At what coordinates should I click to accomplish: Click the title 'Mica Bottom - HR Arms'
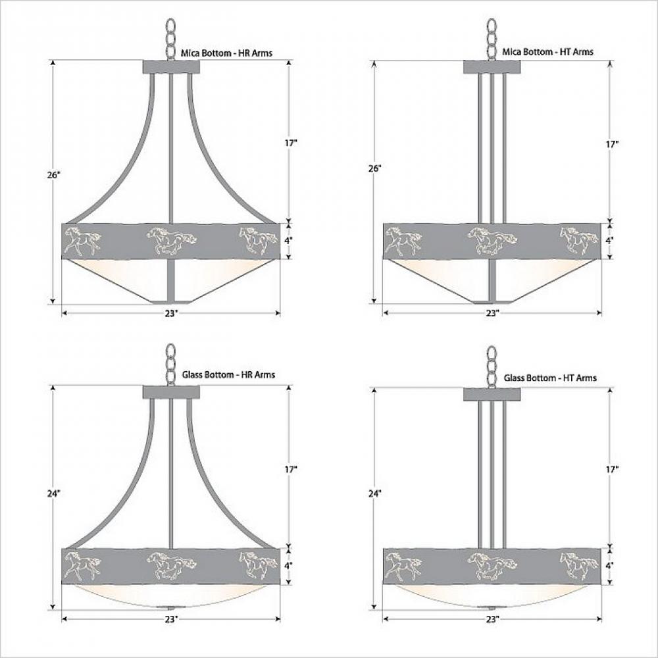point(226,53)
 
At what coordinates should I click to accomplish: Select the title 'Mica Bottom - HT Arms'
point(548,51)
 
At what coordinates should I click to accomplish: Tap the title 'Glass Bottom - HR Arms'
point(229,375)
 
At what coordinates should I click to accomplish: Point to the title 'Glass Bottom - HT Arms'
point(550,378)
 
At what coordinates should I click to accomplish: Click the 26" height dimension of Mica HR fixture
point(54,175)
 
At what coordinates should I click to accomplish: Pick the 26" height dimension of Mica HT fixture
point(375,168)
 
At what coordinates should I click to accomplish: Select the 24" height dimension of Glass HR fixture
point(54,493)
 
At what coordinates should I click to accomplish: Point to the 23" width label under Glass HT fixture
point(493,619)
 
